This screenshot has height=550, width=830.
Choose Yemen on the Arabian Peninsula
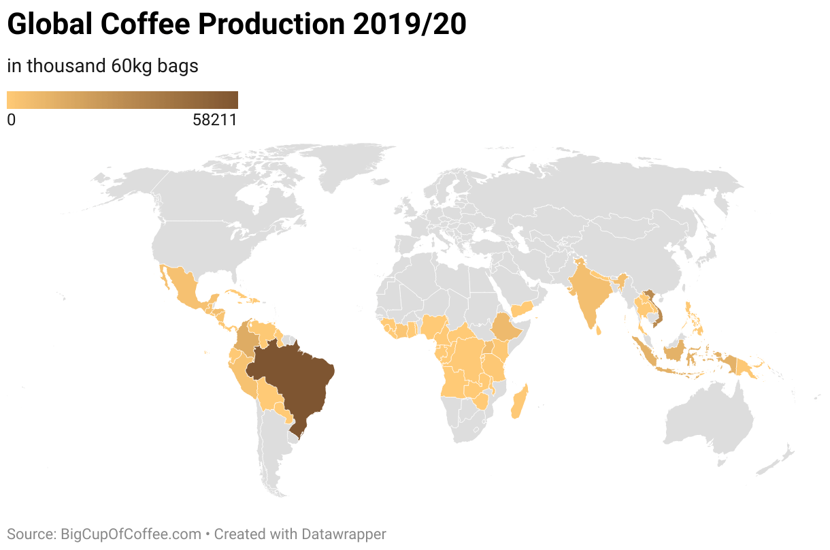pyautogui.click(x=522, y=310)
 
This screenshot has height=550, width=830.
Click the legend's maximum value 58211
pyautogui.click(x=214, y=120)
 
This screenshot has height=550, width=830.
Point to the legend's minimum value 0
pyautogui.click(x=11, y=120)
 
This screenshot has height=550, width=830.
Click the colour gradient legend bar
pyautogui.click(x=122, y=100)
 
